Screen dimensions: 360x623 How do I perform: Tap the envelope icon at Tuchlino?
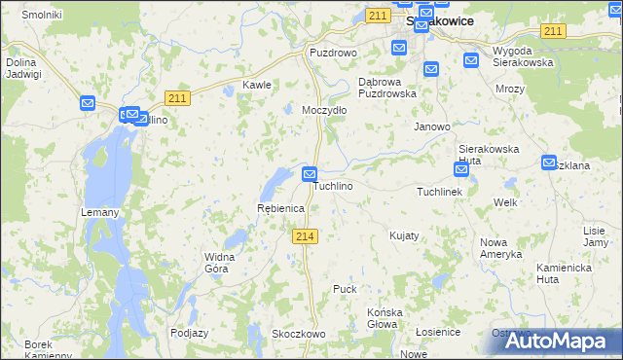[310, 175]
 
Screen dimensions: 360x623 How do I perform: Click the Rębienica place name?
[280, 209]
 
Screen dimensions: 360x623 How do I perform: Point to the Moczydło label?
[324, 111]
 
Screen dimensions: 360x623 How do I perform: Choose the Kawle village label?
[256, 85]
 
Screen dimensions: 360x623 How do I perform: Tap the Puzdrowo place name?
[333, 53]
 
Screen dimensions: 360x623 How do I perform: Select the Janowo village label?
[432, 126]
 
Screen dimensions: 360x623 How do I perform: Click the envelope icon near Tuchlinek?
[461, 169]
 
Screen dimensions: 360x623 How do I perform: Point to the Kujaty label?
[404, 236]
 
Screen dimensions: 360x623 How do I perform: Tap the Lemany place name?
[101, 213]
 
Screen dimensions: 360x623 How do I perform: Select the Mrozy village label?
[509, 89]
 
